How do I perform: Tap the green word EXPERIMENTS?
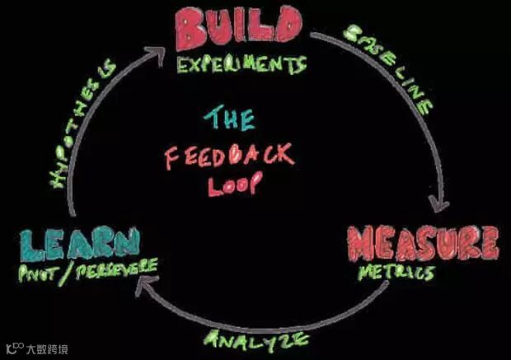click(x=241, y=65)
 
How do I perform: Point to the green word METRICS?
click(x=395, y=271)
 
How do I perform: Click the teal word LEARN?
click(x=80, y=244)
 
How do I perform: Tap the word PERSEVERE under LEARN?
click(x=115, y=269)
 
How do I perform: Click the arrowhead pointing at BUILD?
click(x=157, y=53)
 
